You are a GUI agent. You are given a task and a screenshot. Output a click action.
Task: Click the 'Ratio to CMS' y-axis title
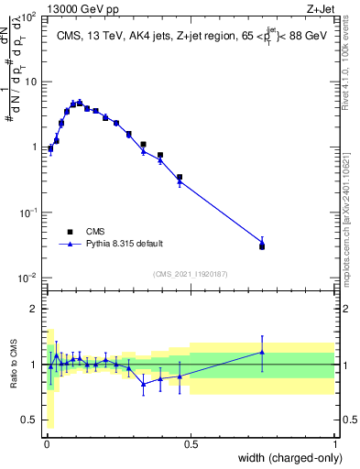[13, 365]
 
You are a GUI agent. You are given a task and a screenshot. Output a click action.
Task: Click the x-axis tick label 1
[335, 443]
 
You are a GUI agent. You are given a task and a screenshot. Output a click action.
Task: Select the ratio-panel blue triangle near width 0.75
[262, 352]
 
